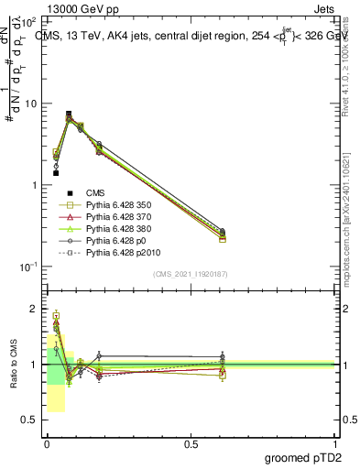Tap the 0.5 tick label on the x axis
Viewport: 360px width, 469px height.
coord(191,443)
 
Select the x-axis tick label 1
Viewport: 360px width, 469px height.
coord(335,443)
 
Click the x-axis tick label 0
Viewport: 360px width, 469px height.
coord(46,443)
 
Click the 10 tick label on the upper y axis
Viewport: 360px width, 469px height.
coord(32,104)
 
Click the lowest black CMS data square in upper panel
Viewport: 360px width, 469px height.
coord(56,172)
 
